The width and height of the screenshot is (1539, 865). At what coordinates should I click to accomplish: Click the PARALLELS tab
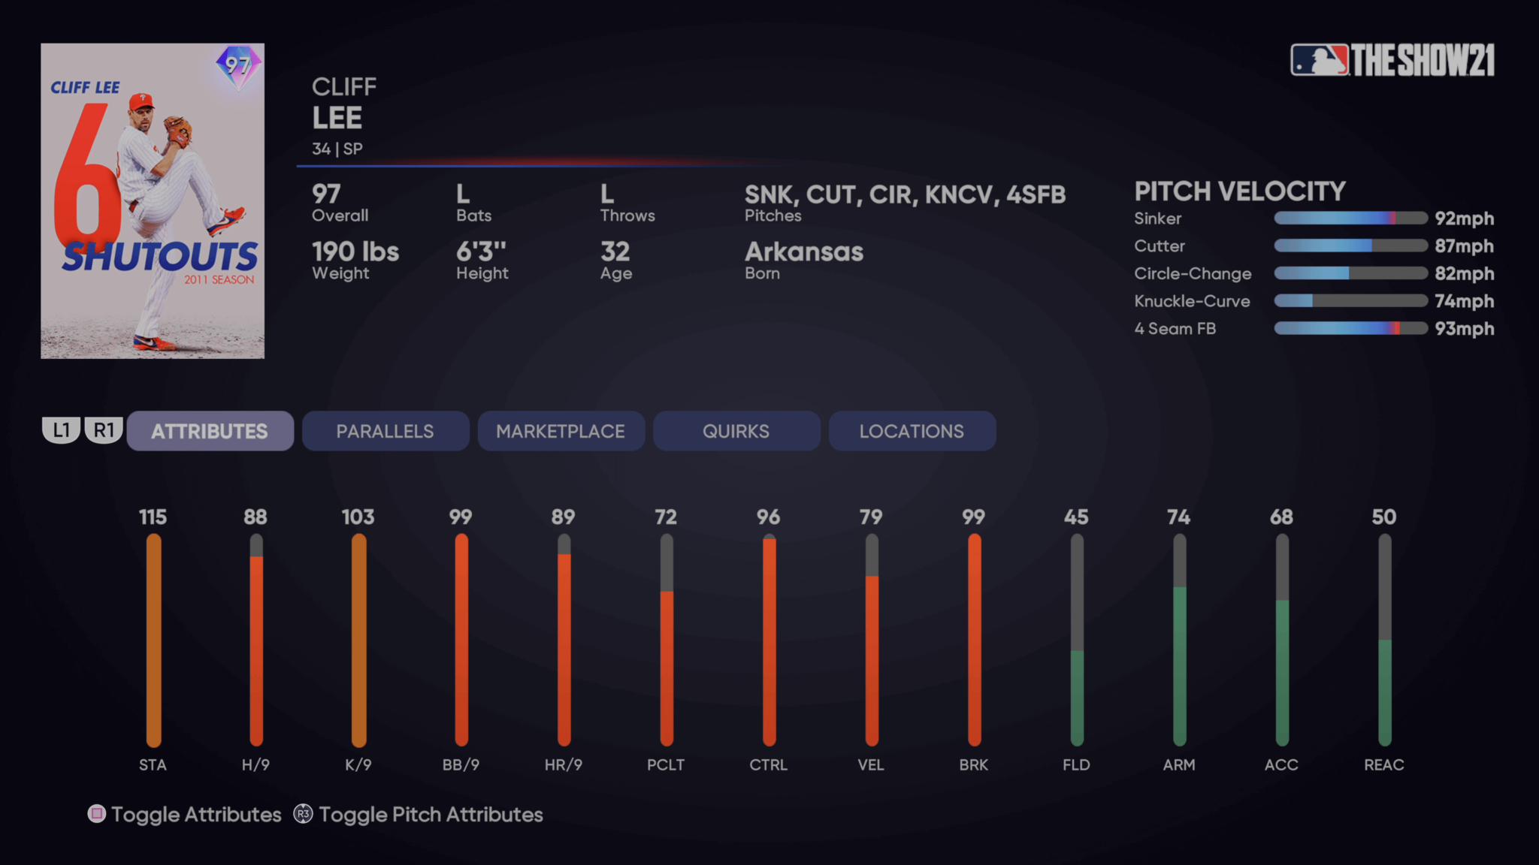pyautogui.click(x=385, y=431)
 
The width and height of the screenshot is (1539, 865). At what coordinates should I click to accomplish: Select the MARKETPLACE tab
pyautogui.click(x=561, y=431)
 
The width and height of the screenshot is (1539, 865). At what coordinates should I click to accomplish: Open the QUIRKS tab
pyautogui.click(x=736, y=431)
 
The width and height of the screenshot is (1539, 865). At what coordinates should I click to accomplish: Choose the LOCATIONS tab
pyautogui.click(x=912, y=431)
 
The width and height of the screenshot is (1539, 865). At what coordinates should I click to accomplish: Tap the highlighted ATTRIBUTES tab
pyautogui.click(x=210, y=431)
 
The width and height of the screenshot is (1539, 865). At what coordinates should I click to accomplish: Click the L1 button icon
pyautogui.click(x=61, y=430)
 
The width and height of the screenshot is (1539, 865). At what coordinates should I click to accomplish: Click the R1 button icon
pyautogui.click(x=104, y=430)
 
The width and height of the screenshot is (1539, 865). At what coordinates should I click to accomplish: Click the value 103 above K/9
pyautogui.click(x=358, y=517)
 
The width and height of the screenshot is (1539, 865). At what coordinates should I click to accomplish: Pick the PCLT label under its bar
pyautogui.click(x=666, y=765)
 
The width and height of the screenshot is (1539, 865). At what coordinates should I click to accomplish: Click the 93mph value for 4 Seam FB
pyautogui.click(x=1464, y=329)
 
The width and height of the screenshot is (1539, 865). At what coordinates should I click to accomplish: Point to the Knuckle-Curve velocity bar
pyautogui.click(x=1350, y=301)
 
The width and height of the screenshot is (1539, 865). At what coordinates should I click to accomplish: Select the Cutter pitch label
pyautogui.click(x=1159, y=246)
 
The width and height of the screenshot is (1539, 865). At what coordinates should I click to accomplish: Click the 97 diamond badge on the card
pyautogui.click(x=238, y=66)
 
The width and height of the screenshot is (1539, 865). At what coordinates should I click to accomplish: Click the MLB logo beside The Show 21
pyautogui.click(x=1319, y=60)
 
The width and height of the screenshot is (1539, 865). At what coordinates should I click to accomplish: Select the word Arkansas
pyautogui.click(x=803, y=252)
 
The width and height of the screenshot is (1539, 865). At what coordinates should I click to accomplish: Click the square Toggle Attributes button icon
pyautogui.click(x=97, y=814)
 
